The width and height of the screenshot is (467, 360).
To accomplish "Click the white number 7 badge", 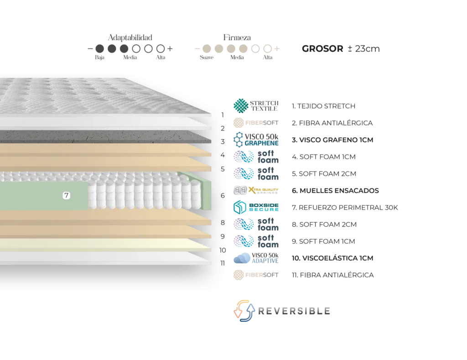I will pyautogui.click(x=67, y=196).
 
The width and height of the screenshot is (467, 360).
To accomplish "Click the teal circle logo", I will pyautogui.click(x=241, y=106).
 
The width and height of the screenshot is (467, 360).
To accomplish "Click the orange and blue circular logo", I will pyautogui.click(x=244, y=312).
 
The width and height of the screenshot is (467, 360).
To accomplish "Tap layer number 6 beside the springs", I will pyautogui.click(x=223, y=196).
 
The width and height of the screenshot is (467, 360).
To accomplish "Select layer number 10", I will pyautogui.click(x=223, y=250).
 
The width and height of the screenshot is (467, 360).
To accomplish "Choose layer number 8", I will pyautogui.click(x=223, y=223).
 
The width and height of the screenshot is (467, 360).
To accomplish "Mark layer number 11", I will pyautogui.click(x=223, y=263).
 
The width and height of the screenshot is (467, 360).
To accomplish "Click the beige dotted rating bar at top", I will pyautogui.click(x=237, y=48).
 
